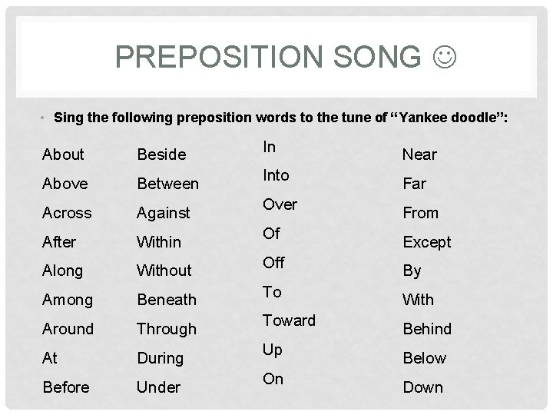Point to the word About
pos(63,154)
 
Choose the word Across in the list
pos(67,213)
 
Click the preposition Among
pos(68,300)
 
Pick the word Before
pos(66,387)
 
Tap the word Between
pos(167,184)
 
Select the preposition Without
pos(164,271)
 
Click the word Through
pos(166,329)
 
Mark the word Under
pos(158,387)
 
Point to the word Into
pos(276,176)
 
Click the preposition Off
pos(273,263)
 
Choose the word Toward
pos(289,321)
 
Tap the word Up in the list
pos(273,350)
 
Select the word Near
pos(419,154)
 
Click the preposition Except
pos(426,242)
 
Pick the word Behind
pos(426,329)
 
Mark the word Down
pos(422,387)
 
